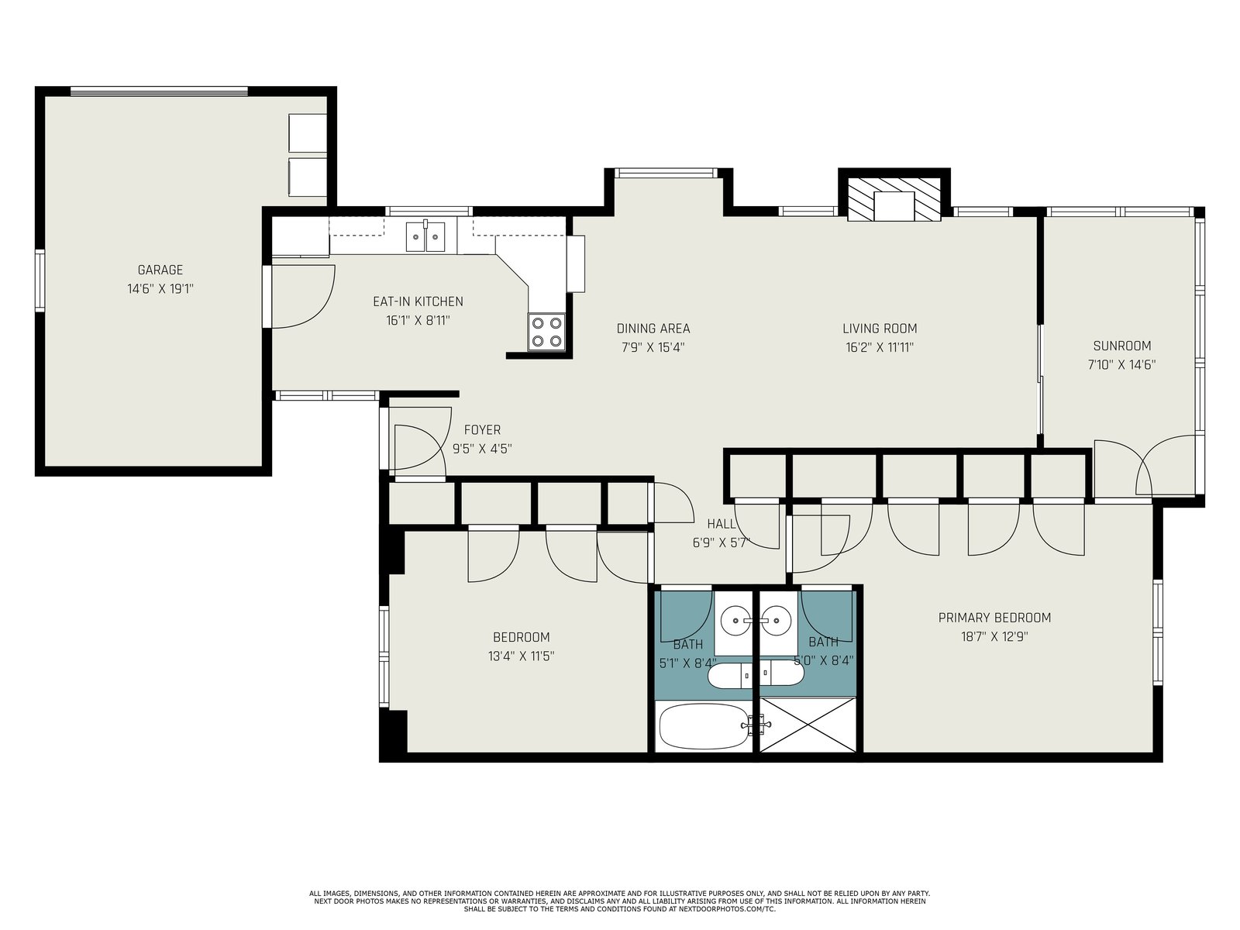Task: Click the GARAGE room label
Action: pyautogui.click(x=160, y=270)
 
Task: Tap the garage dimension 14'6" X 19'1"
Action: pyautogui.click(x=160, y=289)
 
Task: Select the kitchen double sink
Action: pyautogui.click(x=425, y=236)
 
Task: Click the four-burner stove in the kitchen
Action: pyautogui.click(x=546, y=332)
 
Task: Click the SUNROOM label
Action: pyautogui.click(x=1122, y=346)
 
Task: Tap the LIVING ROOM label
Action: pyautogui.click(x=880, y=329)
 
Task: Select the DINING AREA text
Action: pyautogui.click(x=653, y=329)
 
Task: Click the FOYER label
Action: pyautogui.click(x=483, y=430)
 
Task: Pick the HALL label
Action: pyautogui.click(x=722, y=524)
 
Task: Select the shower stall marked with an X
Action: pyautogui.click(x=808, y=725)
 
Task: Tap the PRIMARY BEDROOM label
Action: pyautogui.click(x=994, y=618)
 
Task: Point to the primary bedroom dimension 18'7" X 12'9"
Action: pyautogui.click(x=994, y=637)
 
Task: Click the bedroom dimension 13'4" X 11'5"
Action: pyautogui.click(x=521, y=656)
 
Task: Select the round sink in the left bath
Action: pyautogui.click(x=735, y=620)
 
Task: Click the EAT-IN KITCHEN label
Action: pyautogui.click(x=418, y=301)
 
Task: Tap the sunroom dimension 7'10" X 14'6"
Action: pyautogui.click(x=1122, y=365)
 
